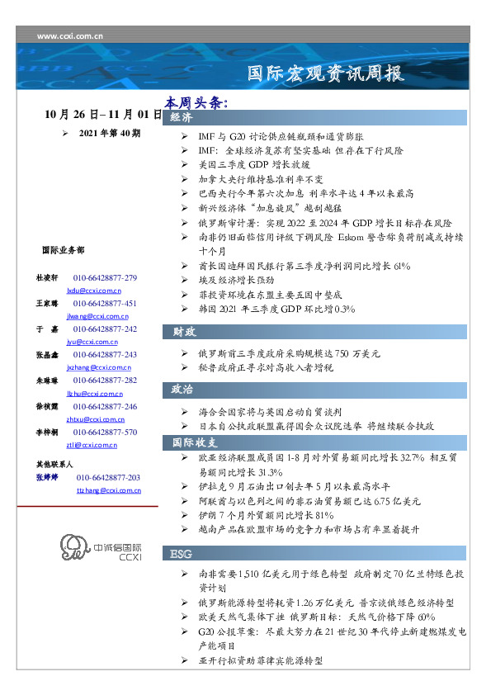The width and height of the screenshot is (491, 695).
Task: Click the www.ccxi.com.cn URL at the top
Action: (x=70, y=36)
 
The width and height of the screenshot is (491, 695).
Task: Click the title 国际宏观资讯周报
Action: (x=327, y=73)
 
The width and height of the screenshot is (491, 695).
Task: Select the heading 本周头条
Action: (x=196, y=103)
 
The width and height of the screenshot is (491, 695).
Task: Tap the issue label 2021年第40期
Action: (x=109, y=132)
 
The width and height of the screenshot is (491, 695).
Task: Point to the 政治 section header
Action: (x=182, y=389)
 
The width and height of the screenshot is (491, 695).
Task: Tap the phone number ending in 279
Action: (x=105, y=278)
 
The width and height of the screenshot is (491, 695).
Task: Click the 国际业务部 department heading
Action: (x=62, y=249)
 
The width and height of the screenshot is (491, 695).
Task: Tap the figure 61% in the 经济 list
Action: (x=401, y=267)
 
